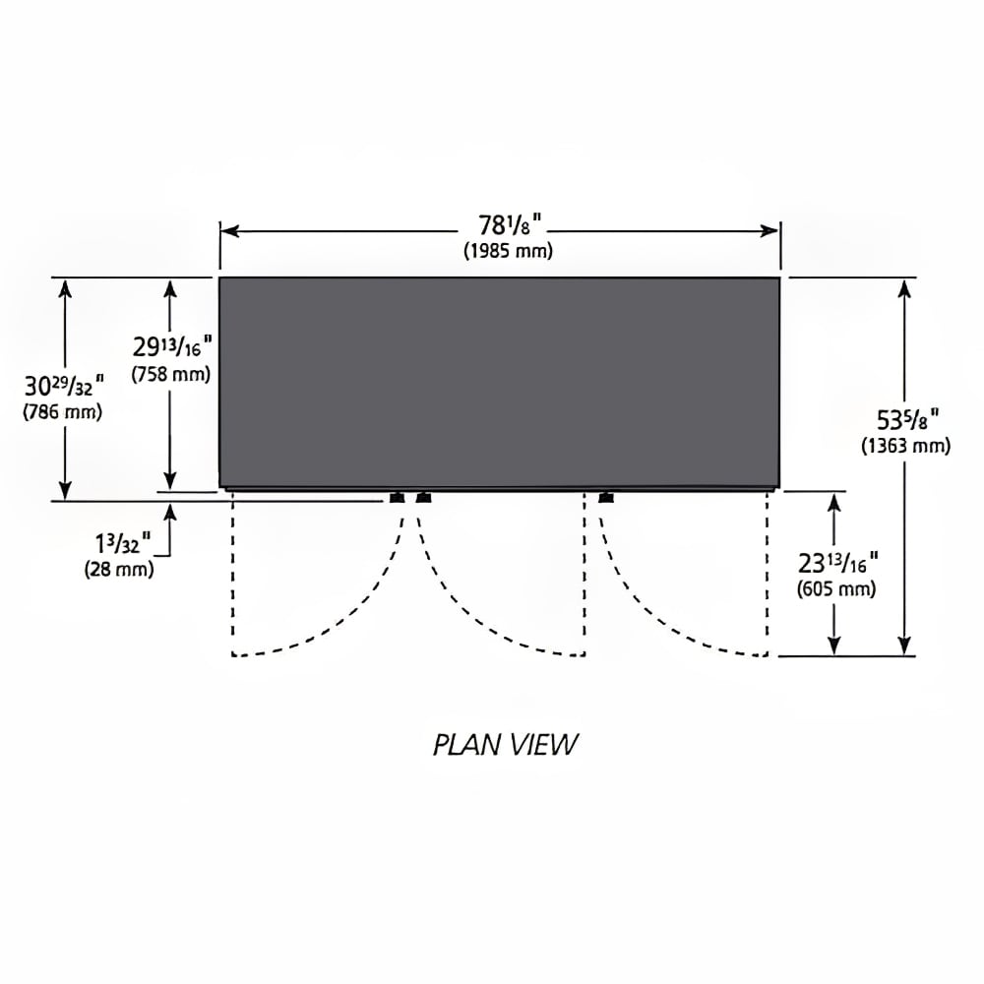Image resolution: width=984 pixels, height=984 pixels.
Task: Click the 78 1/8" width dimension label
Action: coord(510,225)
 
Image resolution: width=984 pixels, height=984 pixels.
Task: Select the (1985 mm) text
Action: coord(509,251)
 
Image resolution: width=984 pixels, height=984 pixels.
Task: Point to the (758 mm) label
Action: coord(170,374)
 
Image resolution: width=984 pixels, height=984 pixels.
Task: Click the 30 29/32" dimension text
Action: coord(63,386)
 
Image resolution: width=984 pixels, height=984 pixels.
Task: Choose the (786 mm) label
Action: coord(62,412)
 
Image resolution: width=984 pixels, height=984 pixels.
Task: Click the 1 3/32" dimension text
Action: coord(123,543)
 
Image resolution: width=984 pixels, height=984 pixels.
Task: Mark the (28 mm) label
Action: coord(119,570)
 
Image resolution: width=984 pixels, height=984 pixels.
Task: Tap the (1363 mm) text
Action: coord(905,446)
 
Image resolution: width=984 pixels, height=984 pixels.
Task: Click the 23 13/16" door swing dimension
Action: coord(837,563)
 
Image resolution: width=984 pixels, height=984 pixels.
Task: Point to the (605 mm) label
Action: coord(836,589)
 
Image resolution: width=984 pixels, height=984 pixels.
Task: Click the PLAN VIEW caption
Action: coord(505,745)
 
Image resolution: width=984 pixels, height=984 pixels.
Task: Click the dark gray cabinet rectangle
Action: coord(500,382)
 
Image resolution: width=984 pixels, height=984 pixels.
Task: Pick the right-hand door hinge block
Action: coord(606,498)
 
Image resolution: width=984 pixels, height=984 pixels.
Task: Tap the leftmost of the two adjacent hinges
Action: coord(397,498)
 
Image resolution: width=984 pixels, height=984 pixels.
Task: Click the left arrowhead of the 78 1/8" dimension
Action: coord(229,231)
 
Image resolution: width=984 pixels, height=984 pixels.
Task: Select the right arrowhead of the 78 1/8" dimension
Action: coord(769,231)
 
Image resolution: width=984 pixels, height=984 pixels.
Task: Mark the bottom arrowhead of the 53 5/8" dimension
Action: coord(904,646)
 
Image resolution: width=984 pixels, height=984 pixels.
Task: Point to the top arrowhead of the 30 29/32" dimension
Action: coord(65,288)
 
